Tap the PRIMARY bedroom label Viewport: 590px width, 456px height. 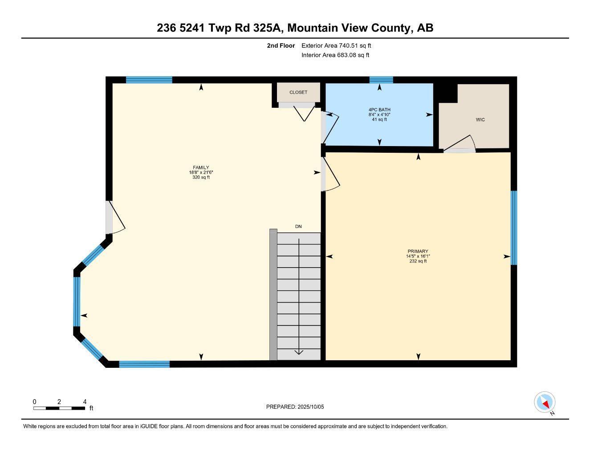[x=418, y=251]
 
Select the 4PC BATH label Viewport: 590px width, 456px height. [x=379, y=110]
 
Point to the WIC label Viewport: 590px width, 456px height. [x=480, y=120]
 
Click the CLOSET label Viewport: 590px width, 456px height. [x=298, y=92]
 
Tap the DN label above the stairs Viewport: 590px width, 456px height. [x=298, y=227]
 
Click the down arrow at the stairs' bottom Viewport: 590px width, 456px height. [x=298, y=352]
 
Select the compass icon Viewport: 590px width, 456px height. [x=545, y=403]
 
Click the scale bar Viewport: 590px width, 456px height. [x=59, y=408]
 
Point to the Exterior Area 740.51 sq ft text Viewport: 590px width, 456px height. [x=336, y=45]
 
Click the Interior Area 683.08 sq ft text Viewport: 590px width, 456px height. [x=335, y=55]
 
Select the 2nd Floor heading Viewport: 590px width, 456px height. [x=281, y=45]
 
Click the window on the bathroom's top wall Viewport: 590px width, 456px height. [x=381, y=80]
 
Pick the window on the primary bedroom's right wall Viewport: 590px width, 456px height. [x=514, y=228]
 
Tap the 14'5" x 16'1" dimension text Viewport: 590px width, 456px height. [x=418, y=256]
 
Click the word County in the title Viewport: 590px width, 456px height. [x=388, y=28]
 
